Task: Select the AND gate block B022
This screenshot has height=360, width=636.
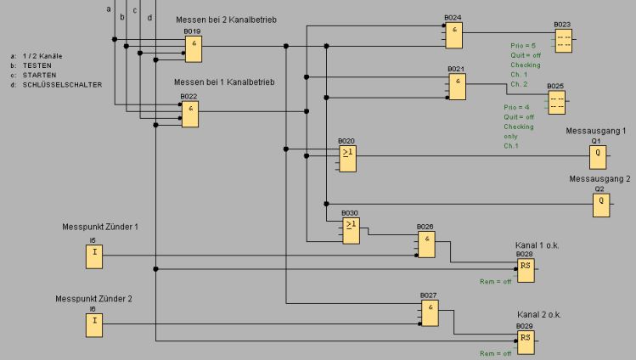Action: [x=190, y=115]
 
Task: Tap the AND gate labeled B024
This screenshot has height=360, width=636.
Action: [x=456, y=35]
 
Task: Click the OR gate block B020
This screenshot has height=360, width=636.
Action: [x=347, y=154]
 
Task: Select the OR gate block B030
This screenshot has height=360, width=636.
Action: [x=351, y=230]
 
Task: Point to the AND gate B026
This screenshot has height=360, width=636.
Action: [x=425, y=245]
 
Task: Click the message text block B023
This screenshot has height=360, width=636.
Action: [x=562, y=41]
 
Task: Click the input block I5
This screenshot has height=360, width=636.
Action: [x=93, y=256]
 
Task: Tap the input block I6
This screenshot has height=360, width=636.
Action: [x=93, y=324]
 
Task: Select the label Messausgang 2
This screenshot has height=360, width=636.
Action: [x=599, y=179]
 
